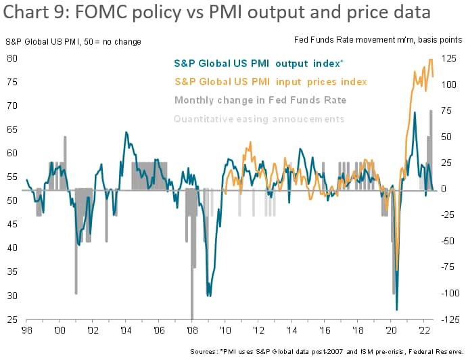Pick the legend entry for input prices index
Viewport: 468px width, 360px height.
pyautogui.click(x=271, y=82)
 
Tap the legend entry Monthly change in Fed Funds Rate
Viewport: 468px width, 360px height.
pyautogui.click(x=260, y=100)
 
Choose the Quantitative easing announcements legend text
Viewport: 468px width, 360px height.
pyautogui.click(x=259, y=119)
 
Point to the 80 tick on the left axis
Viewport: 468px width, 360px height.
pyautogui.click(x=12, y=58)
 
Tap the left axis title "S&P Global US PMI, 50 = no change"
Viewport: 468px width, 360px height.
pyautogui.click(x=72, y=42)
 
